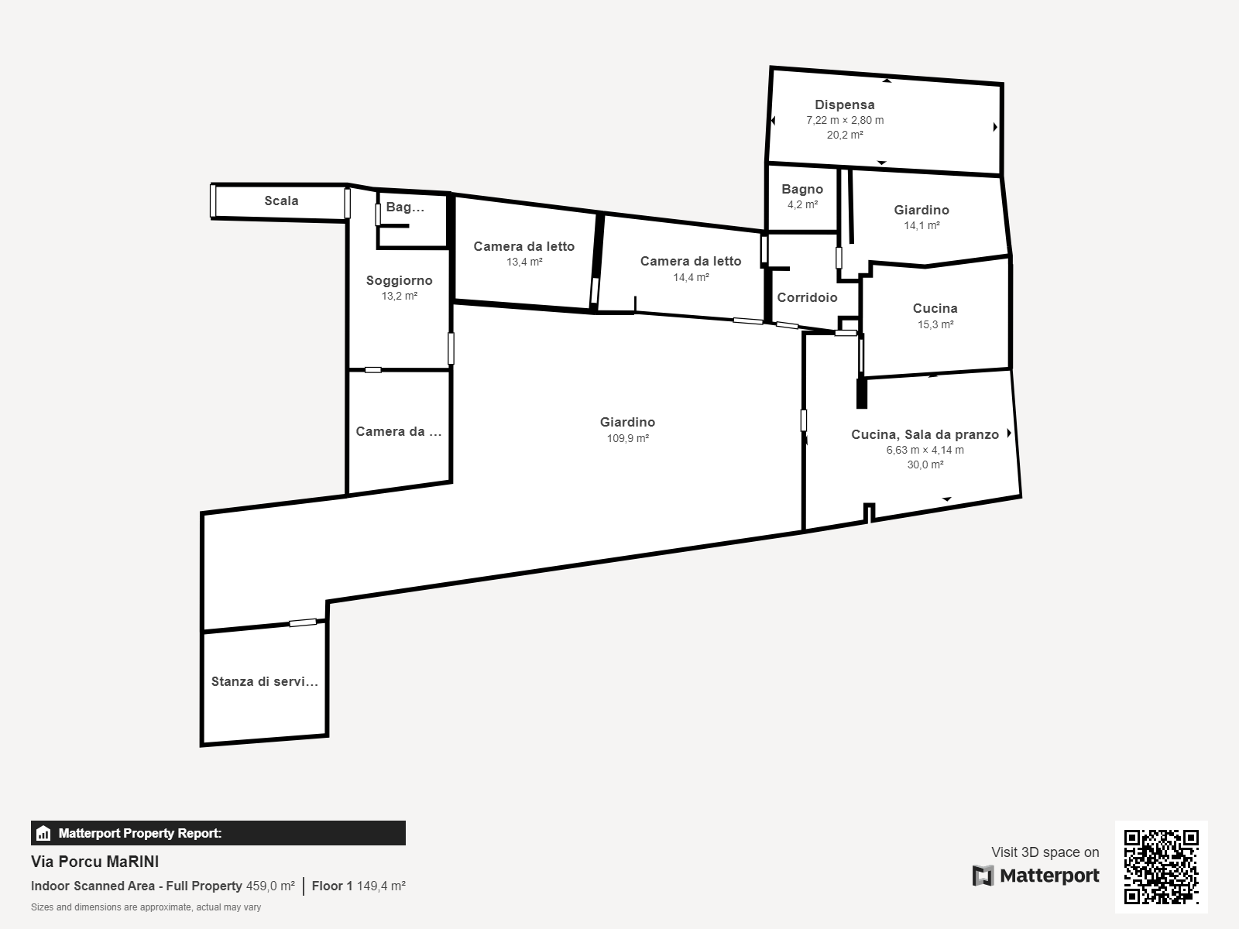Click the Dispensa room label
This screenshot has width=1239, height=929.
844,105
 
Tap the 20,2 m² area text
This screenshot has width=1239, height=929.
845,135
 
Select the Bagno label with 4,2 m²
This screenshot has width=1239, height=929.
802,190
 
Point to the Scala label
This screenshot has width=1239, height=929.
281,201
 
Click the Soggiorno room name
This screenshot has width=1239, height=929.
399,280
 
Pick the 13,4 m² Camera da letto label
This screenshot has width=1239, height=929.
523,246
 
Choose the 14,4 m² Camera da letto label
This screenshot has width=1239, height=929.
690,261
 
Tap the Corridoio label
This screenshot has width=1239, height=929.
807,297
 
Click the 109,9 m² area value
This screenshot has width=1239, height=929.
628,438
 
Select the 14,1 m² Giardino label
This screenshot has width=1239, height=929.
922,210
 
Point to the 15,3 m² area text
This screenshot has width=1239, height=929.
935,324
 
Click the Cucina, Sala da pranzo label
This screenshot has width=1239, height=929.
925,434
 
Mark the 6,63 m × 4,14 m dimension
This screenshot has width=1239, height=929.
925,450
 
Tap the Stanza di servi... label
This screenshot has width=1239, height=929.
264,681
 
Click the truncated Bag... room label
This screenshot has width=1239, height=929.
405,207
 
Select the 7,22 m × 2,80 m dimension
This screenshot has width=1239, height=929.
845,120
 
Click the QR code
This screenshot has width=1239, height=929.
1161,867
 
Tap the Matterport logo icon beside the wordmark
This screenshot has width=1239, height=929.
983,876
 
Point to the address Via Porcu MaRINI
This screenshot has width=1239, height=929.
94,862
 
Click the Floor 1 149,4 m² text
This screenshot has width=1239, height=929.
359,886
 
